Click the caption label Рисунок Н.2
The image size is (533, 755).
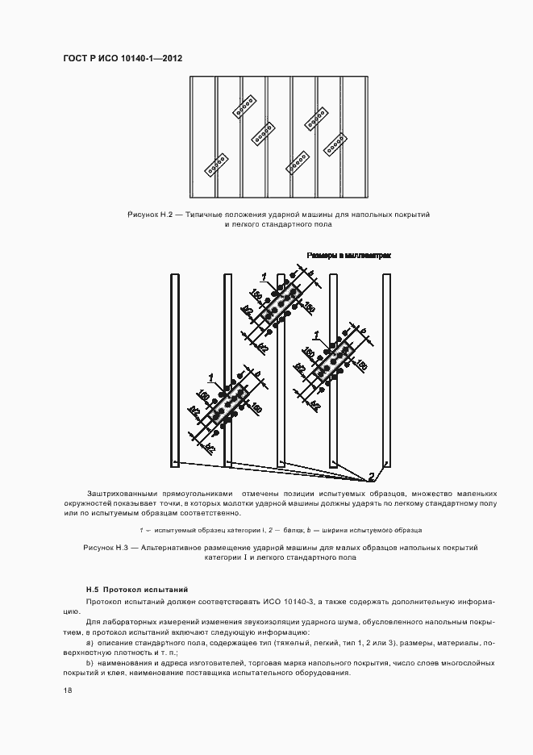[150, 215]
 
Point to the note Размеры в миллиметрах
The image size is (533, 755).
[348, 255]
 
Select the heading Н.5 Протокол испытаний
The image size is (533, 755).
[136, 590]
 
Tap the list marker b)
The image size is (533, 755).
[90, 662]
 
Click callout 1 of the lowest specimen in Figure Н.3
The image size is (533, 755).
[211, 377]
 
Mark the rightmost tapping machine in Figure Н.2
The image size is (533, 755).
[335, 144]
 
